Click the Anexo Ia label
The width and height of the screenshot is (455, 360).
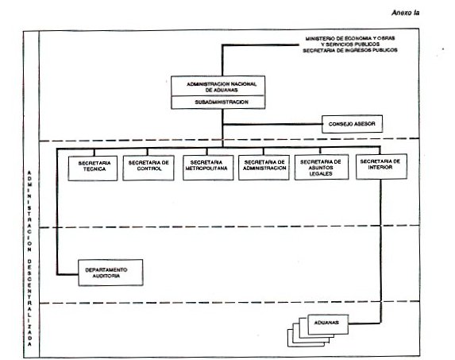coord(406,13)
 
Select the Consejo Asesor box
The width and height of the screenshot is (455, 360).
coord(352,124)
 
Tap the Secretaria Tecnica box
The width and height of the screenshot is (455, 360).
coord(93,168)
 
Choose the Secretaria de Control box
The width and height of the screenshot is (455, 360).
coord(148,168)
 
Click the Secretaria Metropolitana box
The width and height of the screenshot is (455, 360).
coord(208,168)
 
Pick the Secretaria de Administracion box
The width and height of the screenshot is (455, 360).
coord(264,167)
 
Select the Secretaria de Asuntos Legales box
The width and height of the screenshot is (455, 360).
coord(322,167)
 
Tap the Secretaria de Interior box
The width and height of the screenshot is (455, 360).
coord(381,166)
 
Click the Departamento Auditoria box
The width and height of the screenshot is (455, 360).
coord(110,273)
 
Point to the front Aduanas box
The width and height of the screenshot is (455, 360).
coord(328,324)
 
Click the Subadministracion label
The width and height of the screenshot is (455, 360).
coord(222,103)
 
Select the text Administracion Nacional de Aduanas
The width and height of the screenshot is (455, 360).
coord(222,87)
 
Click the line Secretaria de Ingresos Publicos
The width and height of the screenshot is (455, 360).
coord(350,50)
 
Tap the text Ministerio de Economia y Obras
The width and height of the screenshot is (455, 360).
coord(350,38)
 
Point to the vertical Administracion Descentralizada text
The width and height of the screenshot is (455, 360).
coord(29,258)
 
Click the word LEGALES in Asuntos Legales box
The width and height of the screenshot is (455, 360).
coord(321,173)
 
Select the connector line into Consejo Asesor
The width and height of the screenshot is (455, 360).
coord(272,124)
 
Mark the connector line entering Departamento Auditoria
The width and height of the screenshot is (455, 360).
coord(57,211)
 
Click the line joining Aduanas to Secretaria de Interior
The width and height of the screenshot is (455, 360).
coord(380,251)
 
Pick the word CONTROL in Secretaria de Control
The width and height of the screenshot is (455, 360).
coord(149,168)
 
